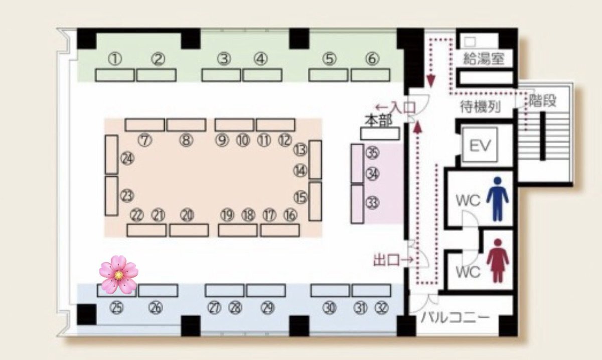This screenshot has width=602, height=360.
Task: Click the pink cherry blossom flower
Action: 119,275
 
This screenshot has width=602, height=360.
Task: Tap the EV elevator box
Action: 480,145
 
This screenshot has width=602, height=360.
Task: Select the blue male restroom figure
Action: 498,199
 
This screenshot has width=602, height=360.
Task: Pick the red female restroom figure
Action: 498,261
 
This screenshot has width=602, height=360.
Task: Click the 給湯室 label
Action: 484,59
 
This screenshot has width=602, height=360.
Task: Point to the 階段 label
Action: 542,101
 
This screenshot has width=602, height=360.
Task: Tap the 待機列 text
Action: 480,107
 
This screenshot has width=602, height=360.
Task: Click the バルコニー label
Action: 455,318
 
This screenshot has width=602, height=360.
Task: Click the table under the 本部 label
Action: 380,134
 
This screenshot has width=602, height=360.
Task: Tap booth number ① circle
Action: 115,59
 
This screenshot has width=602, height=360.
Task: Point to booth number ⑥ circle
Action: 372,59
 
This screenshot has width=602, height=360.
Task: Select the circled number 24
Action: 127,159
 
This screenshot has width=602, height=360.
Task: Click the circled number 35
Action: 372,153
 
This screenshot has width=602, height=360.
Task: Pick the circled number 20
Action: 187,215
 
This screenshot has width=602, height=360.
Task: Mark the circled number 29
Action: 268,308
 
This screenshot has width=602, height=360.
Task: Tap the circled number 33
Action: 372,202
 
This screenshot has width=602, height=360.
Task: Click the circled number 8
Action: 186,140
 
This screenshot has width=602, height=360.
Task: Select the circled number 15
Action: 300,197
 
